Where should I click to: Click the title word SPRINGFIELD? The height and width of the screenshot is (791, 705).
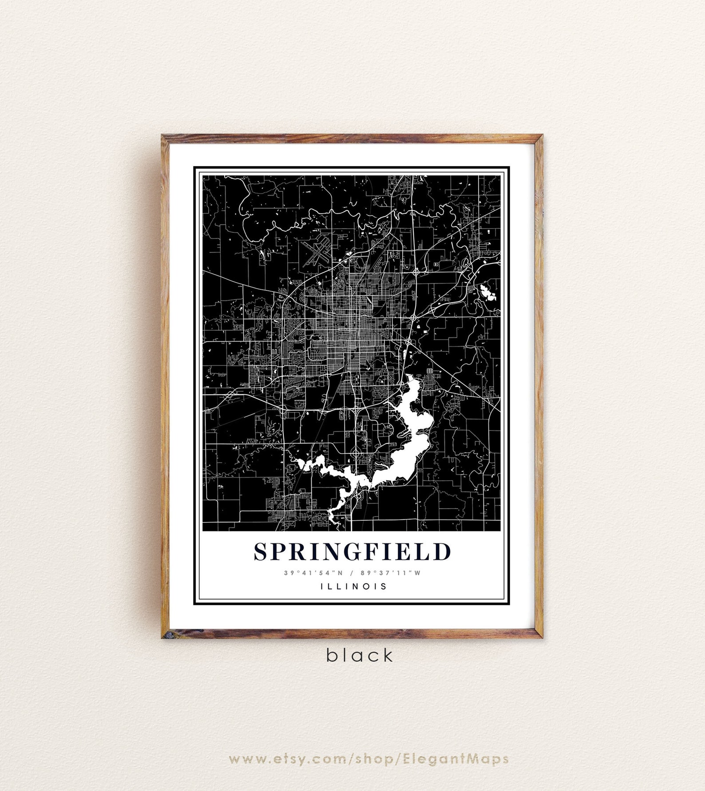pos(352,552)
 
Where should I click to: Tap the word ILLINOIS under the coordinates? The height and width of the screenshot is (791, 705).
pos(353,586)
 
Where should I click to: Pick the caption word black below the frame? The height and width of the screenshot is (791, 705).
pos(360,655)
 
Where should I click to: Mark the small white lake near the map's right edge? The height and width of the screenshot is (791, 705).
pos(487,293)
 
